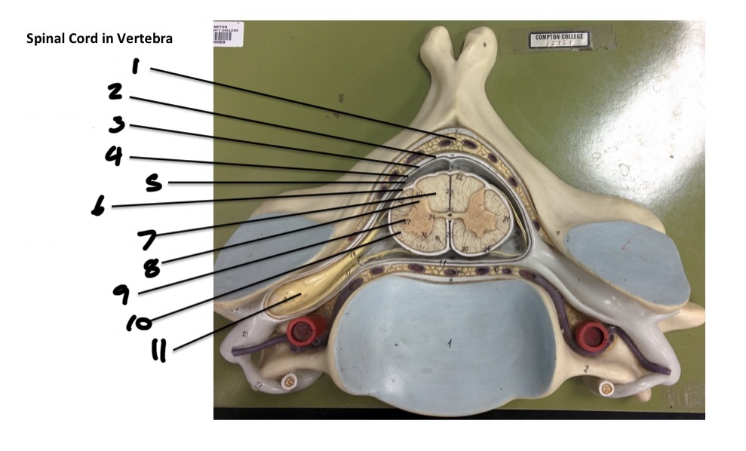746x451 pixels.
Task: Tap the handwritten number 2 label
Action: click(115, 93)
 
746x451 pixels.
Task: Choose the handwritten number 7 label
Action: click(148, 239)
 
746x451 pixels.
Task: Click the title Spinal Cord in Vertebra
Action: click(99, 38)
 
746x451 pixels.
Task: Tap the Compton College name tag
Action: click(559, 39)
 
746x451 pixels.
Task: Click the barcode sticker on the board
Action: click(228, 34)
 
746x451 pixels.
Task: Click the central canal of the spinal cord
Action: click(450, 216)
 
